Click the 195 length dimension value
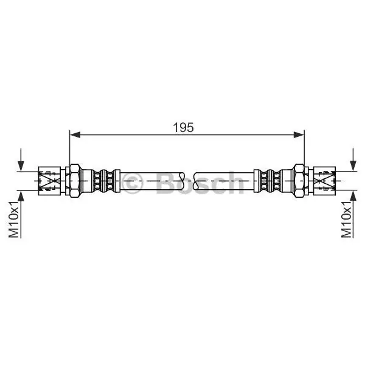[x=183, y=127]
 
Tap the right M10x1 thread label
[x=346, y=220]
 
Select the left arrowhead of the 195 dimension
[x=75, y=134]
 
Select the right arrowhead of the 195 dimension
[x=299, y=134]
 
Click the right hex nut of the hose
[x=299, y=181]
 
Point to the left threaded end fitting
[x=49, y=181]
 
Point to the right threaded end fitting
[x=324, y=181]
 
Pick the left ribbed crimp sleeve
[x=103, y=181]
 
